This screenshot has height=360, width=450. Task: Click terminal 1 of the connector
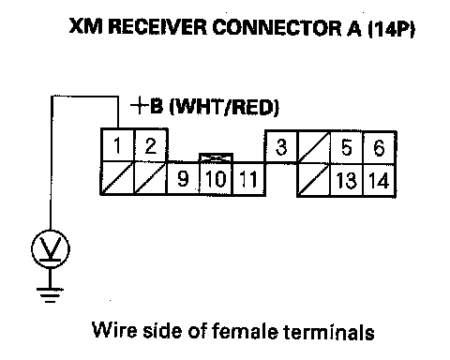117,145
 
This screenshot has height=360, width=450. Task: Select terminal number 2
151,145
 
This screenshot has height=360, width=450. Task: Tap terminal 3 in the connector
281,147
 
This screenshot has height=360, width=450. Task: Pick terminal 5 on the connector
346,147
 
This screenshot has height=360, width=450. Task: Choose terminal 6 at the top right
380,147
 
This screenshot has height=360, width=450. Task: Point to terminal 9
183,179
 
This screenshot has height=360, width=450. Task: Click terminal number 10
216,179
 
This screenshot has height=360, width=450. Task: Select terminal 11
248,179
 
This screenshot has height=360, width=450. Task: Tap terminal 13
346,180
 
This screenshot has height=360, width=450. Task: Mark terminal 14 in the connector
380,180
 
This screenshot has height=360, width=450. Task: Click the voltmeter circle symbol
51,249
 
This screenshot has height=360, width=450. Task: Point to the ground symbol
50,295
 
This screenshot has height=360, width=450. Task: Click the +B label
146,106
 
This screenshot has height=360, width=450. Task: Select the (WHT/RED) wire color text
224,107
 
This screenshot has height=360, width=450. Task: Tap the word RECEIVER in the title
157,26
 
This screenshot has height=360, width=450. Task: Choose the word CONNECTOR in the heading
277,27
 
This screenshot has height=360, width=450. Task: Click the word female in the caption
245,331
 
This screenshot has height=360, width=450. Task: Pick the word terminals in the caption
329,331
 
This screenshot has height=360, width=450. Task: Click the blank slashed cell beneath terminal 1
117,178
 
